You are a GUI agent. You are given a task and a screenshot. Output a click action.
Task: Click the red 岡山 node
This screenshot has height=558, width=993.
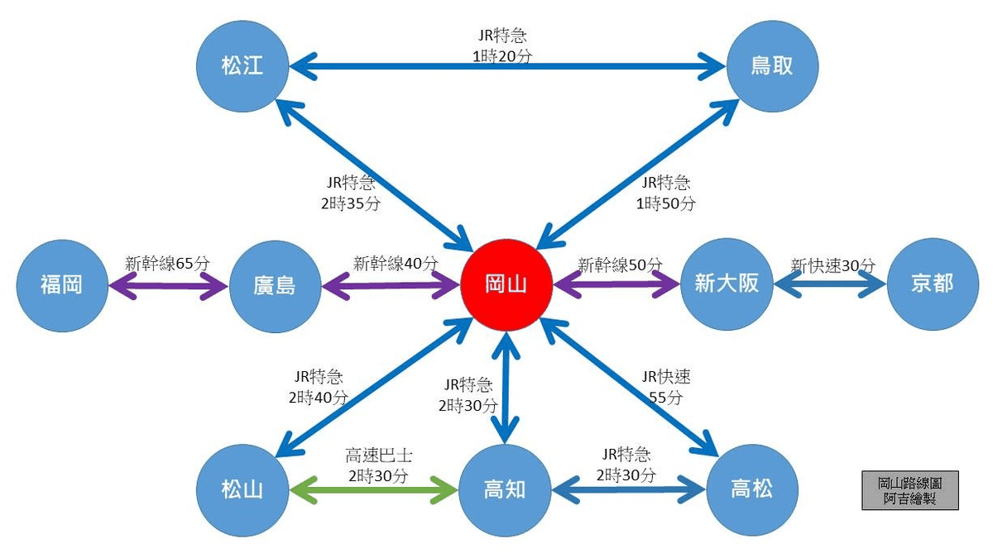[505, 285]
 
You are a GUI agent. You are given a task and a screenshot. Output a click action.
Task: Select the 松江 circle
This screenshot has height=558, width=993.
[242, 65]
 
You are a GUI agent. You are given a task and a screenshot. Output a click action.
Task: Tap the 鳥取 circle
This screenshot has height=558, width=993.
[771, 65]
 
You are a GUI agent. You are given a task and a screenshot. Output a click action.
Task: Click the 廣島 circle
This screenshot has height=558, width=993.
[274, 285]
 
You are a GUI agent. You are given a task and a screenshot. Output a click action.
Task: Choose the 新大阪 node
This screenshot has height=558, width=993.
[726, 285]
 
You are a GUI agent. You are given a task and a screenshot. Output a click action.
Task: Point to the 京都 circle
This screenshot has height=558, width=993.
[932, 285]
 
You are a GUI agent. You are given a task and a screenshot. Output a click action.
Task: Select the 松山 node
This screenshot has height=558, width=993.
[242, 489]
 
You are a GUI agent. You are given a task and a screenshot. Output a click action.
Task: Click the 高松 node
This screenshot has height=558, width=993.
[751, 489]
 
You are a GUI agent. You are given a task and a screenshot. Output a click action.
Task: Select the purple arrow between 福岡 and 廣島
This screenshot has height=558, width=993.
[168, 286]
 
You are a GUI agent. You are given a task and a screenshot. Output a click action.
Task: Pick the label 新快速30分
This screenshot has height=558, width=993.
[832, 265]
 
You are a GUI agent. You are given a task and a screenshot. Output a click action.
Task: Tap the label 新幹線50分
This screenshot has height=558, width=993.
[620, 265]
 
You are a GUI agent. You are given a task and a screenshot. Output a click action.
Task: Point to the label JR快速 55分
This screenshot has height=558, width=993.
[665, 387]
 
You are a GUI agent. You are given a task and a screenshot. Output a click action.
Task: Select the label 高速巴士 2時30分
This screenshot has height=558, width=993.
[377, 466]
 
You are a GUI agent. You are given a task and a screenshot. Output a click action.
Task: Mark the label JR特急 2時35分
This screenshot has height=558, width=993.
[350, 193]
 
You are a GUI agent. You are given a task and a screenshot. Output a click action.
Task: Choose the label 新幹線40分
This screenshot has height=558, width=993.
[395, 265]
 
